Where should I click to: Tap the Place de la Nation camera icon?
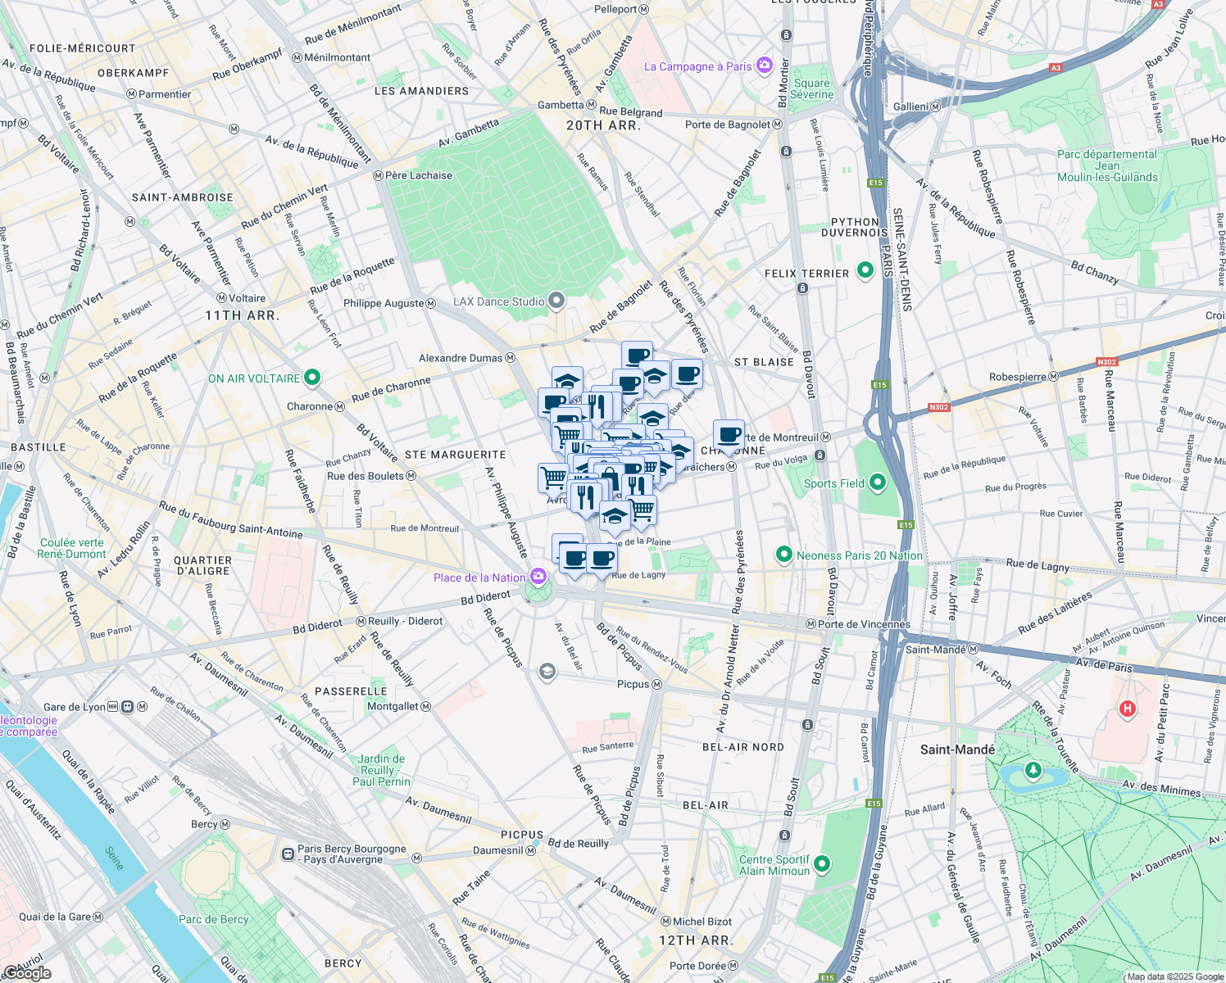pos(538,578)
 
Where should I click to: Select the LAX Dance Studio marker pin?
pos(556,301)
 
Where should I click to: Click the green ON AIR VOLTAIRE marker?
pos(311,378)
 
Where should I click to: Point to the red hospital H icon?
pos(1128,709)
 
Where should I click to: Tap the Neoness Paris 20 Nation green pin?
pos(783,555)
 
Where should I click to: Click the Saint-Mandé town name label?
pos(957,750)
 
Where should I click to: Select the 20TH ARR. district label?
pos(603,125)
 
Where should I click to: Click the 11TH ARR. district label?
pos(242,315)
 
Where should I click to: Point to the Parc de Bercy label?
pos(213,919)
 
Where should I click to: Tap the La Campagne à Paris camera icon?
pos(765,66)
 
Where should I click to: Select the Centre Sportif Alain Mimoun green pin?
pos(822,864)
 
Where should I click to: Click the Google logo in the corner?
pos(27,973)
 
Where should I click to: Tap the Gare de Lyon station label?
pos(75,707)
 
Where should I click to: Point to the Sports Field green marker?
pos(878,482)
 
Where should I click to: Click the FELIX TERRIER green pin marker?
pos(865,270)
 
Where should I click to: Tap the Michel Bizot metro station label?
pos(702,922)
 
